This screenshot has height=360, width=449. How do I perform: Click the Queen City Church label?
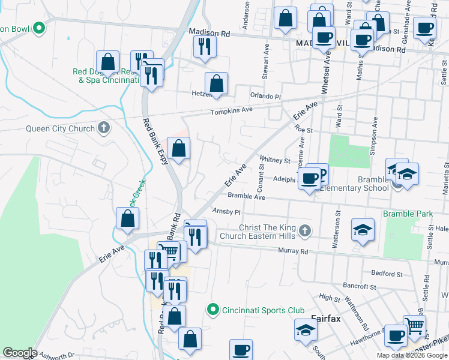click(x=60, y=128)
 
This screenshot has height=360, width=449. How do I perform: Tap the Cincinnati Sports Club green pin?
click(x=212, y=310)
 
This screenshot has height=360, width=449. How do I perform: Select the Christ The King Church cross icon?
click(x=305, y=230)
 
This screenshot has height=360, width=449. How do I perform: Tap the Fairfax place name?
click(x=326, y=319)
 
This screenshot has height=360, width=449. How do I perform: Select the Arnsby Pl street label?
click(x=226, y=212)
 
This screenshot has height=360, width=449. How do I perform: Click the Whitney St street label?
click(x=274, y=161)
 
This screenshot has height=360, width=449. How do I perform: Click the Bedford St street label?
click(x=387, y=274)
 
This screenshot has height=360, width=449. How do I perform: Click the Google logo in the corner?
click(x=19, y=353)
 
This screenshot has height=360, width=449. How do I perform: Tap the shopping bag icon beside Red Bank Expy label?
click(x=179, y=148)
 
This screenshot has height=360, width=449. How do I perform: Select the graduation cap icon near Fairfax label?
click(x=306, y=329)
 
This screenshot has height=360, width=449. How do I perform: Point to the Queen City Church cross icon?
click(x=104, y=128)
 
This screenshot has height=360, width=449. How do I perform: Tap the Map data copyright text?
click(x=411, y=355)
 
